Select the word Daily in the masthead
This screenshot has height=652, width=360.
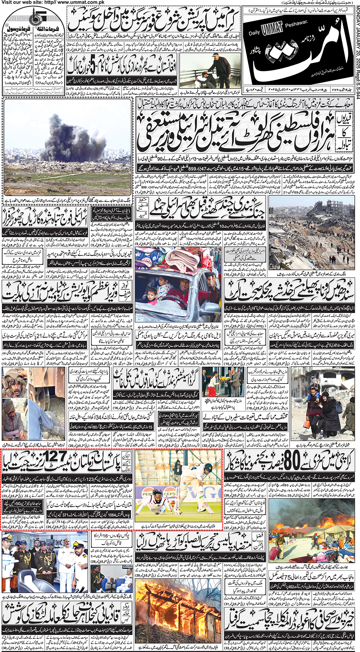254,33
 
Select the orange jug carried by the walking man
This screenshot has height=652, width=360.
307,424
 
